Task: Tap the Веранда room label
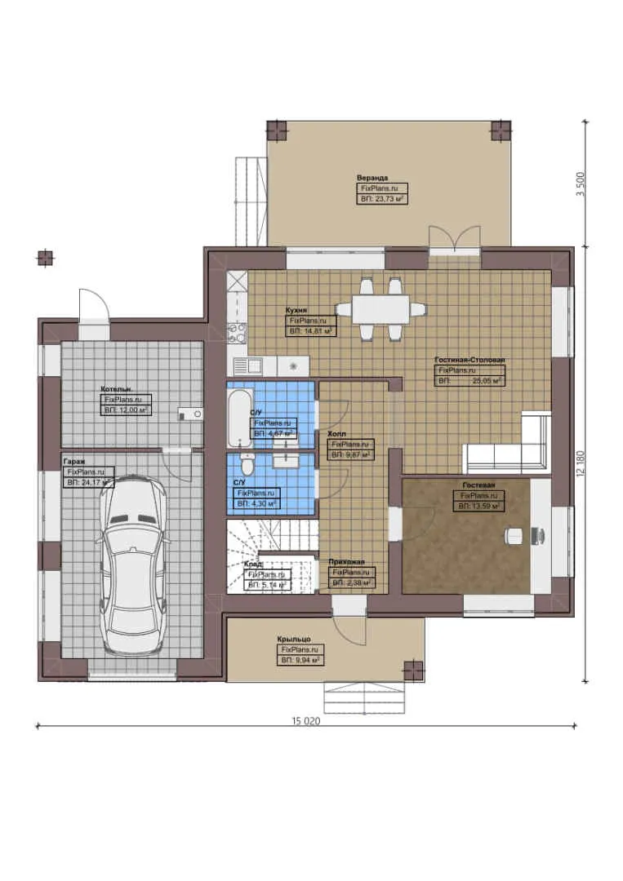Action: click(x=372, y=177)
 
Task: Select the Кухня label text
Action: click(x=296, y=310)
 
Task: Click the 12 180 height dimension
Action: click(x=581, y=465)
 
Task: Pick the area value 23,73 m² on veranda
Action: click(x=383, y=198)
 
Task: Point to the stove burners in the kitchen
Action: click(x=236, y=332)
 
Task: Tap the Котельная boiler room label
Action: click(x=116, y=389)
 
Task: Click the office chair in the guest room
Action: click(x=514, y=535)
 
